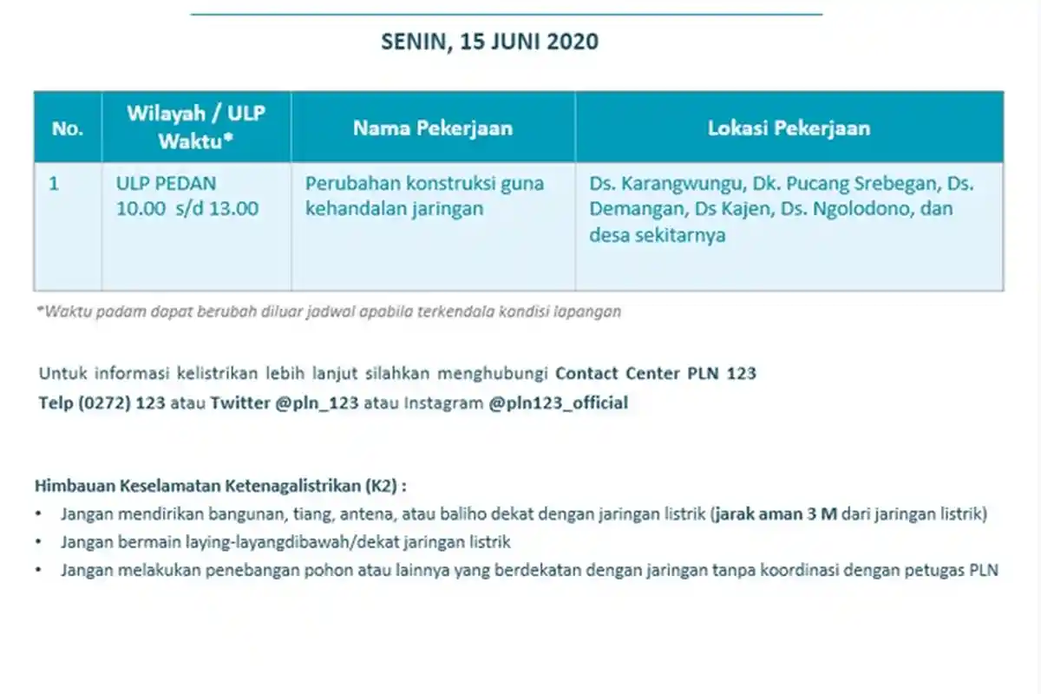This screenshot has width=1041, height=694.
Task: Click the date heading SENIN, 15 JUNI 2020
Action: (489, 42)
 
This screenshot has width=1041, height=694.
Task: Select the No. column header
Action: (67, 128)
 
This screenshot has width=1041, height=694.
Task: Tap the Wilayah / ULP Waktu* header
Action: (196, 127)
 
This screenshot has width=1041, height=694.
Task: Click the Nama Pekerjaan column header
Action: (432, 128)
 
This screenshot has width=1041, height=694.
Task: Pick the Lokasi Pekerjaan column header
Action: (789, 128)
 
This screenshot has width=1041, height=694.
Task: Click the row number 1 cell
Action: (54, 184)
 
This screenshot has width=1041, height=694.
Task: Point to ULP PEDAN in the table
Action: (166, 184)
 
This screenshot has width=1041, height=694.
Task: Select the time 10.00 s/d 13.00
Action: (187, 208)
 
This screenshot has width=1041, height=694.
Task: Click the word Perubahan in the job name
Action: (345, 184)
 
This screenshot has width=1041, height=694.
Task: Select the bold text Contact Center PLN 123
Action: (655, 374)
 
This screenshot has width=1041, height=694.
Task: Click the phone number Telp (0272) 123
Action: (102, 403)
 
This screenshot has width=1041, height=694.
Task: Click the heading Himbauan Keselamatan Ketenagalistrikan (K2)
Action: (220, 484)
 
